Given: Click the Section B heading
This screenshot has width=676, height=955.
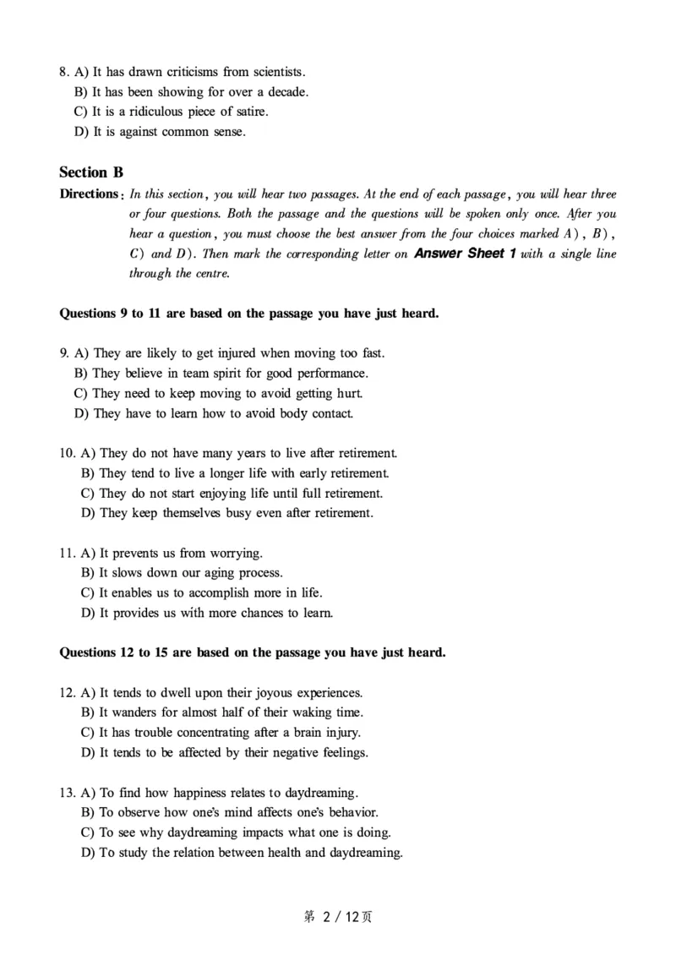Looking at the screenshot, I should coord(91,172).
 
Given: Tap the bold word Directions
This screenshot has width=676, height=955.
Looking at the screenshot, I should coord(88,194).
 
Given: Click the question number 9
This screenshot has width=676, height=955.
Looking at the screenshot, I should coord(63,353).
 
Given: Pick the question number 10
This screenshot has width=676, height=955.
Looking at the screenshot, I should coord(67,453).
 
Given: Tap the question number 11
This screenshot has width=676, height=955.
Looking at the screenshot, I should coord(67,553).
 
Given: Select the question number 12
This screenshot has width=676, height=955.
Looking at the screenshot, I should coord(67,692).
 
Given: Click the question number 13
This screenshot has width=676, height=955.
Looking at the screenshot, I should coord(67,793).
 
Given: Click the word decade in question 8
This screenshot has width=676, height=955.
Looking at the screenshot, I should coord(289,91).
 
